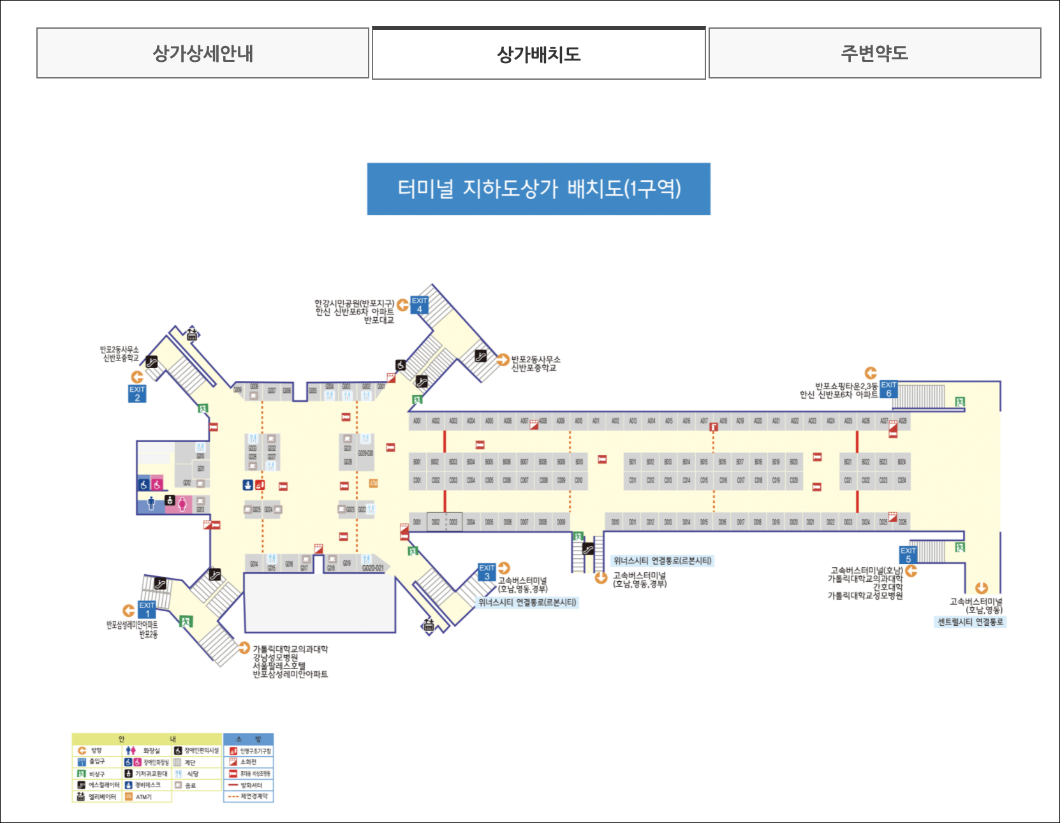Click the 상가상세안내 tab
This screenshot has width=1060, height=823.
click(x=203, y=53)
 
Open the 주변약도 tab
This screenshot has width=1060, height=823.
click(x=874, y=53)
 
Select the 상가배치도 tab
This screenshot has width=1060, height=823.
click(x=538, y=54)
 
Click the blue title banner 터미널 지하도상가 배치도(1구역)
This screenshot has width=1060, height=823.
click(x=538, y=189)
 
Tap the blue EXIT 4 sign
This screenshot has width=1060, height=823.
click(x=420, y=305)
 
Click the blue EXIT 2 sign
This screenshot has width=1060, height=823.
click(x=137, y=394)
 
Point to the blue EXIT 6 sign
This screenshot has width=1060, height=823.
click(x=888, y=389)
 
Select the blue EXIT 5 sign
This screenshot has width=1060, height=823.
click(x=908, y=554)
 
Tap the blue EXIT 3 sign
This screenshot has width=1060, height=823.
click(x=487, y=572)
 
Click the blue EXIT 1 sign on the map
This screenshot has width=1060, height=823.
click(x=147, y=609)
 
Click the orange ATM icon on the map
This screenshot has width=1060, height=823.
click(x=374, y=484)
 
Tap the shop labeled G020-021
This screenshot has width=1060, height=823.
click(x=373, y=568)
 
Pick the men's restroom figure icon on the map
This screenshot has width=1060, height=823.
click(x=151, y=503)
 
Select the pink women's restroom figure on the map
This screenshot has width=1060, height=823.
click(x=182, y=504)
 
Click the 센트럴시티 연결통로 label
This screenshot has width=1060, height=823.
click(x=970, y=622)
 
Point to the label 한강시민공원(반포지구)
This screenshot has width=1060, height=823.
click(x=354, y=303)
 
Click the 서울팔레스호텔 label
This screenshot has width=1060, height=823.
click(x=279, y=665)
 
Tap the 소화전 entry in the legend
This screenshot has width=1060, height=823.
click(x=248, y=762)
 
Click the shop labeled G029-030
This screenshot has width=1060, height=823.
click(x=365, y=453)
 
